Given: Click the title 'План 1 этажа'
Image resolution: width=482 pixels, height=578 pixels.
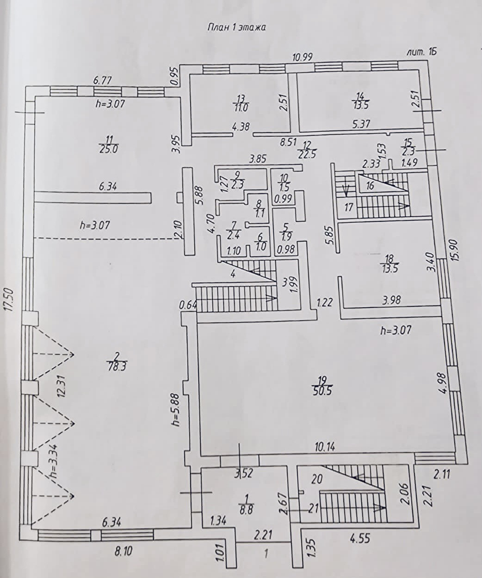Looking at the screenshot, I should tap(236, 27).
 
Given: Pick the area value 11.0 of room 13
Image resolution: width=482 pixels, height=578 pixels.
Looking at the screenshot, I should tap(241, 108).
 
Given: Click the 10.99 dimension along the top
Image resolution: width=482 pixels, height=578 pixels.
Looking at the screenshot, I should tap(303, 57).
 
